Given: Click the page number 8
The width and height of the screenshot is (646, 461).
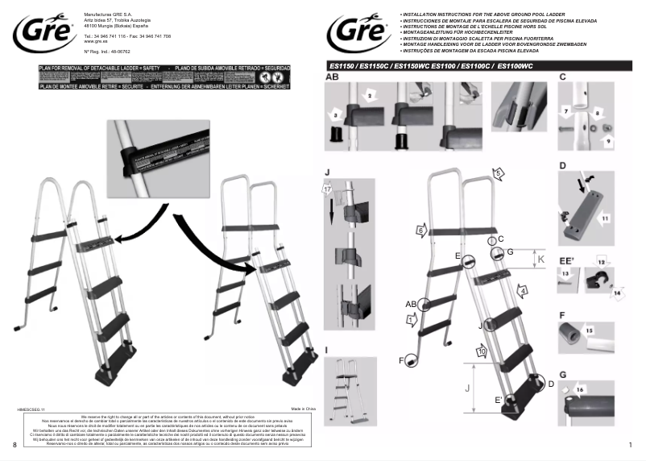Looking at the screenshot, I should (15, 445).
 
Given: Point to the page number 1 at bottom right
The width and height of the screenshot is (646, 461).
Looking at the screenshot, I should (628, 445).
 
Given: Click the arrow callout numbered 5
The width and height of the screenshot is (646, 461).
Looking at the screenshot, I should (499, 172).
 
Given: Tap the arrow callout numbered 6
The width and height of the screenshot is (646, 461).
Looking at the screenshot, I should (420, 230).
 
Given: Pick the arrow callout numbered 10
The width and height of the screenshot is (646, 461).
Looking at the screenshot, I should (481, 351).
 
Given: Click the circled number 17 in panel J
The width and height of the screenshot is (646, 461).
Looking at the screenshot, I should (328, 189).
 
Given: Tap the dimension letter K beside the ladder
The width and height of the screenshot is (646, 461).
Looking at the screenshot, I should (541, 260).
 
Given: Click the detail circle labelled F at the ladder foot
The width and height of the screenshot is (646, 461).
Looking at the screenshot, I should (412, 361).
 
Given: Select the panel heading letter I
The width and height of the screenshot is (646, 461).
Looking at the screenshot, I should (326, 349).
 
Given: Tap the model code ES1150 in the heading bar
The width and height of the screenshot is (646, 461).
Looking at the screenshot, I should (343, 65).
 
